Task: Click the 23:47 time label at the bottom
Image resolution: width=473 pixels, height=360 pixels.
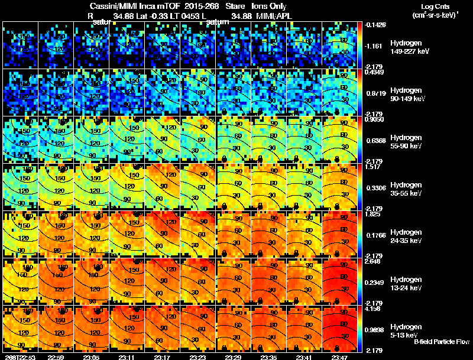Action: coord(340,357)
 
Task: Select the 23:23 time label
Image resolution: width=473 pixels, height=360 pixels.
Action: coord(198,357)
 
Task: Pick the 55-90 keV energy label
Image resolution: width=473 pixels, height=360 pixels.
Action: coord(395,146)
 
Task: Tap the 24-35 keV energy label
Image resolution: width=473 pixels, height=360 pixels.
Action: coord(395,241)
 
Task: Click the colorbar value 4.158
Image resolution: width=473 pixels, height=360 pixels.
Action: coord(373,309)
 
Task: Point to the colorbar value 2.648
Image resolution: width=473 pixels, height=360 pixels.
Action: coord(373,261)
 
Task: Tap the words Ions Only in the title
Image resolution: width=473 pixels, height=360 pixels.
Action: coord(269,7)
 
